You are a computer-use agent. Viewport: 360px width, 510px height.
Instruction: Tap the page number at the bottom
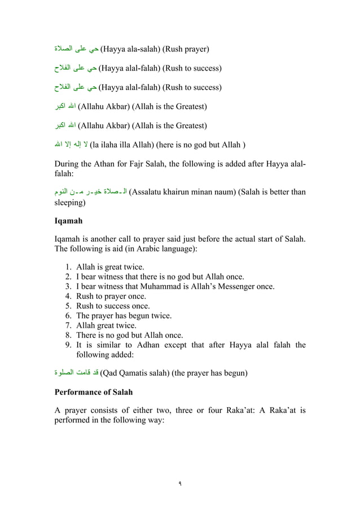pyautogui.click(x=180, y=484)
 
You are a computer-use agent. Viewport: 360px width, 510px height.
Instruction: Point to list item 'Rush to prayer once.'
pyautogui.click(x=111, y=296)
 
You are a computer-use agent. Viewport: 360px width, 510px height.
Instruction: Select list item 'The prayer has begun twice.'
pyautogui.click(x=124, y=316)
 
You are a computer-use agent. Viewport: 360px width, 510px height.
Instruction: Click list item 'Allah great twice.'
pyautogui.click(x=106, y=325)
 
